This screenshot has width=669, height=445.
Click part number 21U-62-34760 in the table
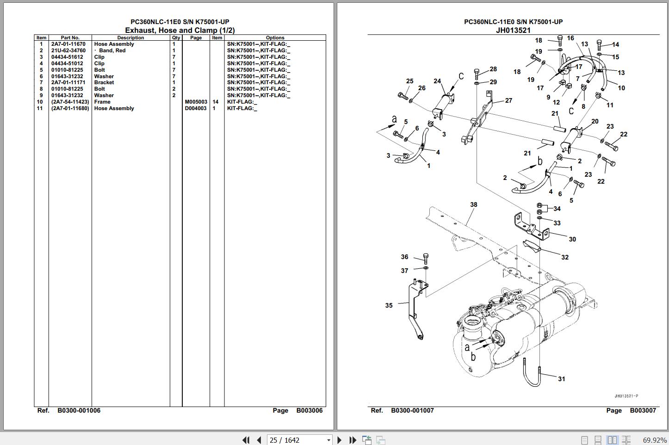tap(68, 50)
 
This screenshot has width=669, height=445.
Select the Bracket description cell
tap(104, 82)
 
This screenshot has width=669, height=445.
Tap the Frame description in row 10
tap(102, 102)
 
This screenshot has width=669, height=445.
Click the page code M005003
tap(196, 102)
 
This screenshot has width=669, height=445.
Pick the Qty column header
tap(176, 38)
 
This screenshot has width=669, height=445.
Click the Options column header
tap(275, 38)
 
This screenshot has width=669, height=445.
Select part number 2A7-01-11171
tap(68, 82)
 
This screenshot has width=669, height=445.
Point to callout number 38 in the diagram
tap(473, 204)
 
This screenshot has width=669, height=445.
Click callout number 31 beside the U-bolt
tap(561, 379)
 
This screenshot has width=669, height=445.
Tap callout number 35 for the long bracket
tap(389, 305)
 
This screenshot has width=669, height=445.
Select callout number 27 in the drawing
tap(508, 100)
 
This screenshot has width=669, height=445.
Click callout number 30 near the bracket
tap(572, 239)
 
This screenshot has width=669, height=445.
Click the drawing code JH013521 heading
tap(513, 31)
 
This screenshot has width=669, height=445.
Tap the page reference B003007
tap(643, 410)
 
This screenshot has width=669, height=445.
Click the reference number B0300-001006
tap(79, 410)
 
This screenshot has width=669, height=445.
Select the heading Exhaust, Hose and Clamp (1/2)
tap(180, 31)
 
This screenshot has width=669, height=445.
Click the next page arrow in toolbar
tap(339, 440)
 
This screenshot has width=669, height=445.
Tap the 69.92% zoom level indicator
tap(655, 440)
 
